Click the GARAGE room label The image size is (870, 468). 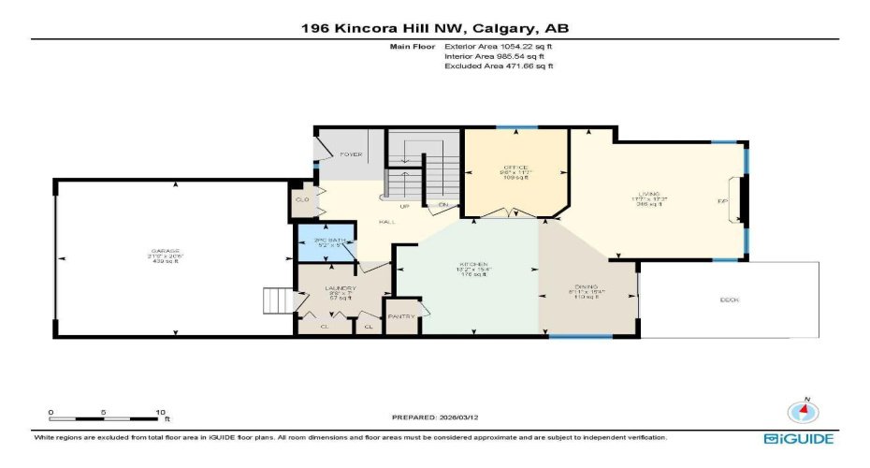pyautogui.click(x=164, y=251)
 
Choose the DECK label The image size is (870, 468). pyautogui.click(x=730, y=300)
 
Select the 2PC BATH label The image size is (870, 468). pyautogui.click(x=324, y=241)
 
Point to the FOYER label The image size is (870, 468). pyautogui.click(x=351, y=154)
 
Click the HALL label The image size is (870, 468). pyautogui.click(x=384, y=222)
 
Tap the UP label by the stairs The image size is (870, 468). pyautogui.click(x=404, y=205)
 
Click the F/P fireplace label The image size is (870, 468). pyautogui.click(x=722, y=201)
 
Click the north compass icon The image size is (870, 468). pyautogui.click(x=801, y=411)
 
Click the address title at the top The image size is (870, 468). pyautogui.click(x=434, y=28)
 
